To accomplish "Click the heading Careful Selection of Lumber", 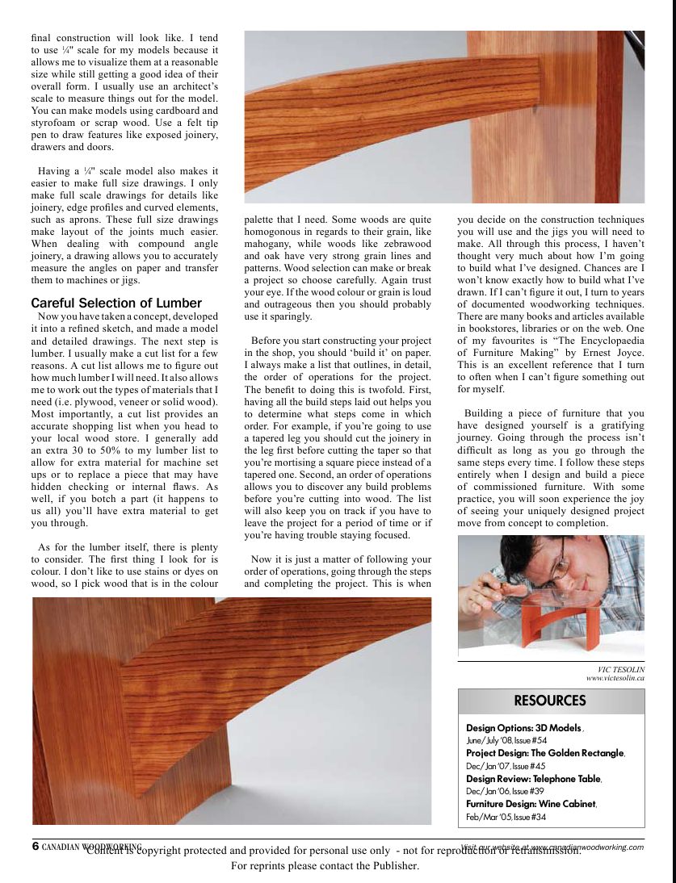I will pos(116,303).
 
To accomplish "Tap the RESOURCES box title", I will pos(550,701).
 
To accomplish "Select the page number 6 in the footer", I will pos(36,846).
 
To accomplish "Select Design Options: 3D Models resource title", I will pos(523,728).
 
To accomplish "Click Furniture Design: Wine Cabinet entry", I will pos(531,804).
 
